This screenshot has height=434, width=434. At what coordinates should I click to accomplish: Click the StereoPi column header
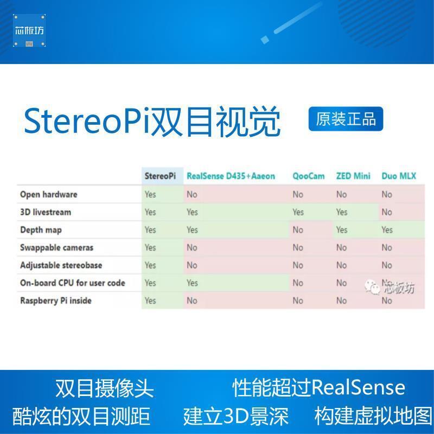[x=160, y=176]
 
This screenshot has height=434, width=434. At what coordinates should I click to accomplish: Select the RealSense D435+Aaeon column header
[x=231, y=176]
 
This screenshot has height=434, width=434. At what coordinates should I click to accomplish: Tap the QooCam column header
[x=309, y=176]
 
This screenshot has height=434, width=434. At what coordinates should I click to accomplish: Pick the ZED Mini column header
[x=353, y=176]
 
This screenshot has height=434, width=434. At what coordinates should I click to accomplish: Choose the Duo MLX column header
[x=399, y=176]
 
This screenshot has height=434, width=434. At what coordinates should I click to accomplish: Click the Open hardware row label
[x=49, y=194]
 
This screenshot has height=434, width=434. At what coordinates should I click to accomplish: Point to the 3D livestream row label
[x=46, y=212]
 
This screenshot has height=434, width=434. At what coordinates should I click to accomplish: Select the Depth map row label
[x=41, y=230]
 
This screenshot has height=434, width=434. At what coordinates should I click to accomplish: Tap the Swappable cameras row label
[x=57, y=247]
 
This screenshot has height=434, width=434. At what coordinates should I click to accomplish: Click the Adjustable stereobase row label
[x=61, y=265]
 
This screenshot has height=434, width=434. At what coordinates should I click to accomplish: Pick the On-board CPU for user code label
[x=73, y=283]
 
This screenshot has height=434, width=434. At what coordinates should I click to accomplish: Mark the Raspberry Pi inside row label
[x=56, y=301]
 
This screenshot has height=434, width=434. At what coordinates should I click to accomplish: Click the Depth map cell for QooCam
[x=298, y=230]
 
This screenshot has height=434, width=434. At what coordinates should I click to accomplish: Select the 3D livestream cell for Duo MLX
[x=387, y=212]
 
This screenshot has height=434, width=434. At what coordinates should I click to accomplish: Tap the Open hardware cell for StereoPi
[x=150, y=194]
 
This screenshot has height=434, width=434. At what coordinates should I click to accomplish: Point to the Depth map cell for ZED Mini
[x=341, y=230]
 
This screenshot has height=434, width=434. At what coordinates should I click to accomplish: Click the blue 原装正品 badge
[x=346, y=119]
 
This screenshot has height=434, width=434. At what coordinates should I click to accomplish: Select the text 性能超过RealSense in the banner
[x=319, y=388]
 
